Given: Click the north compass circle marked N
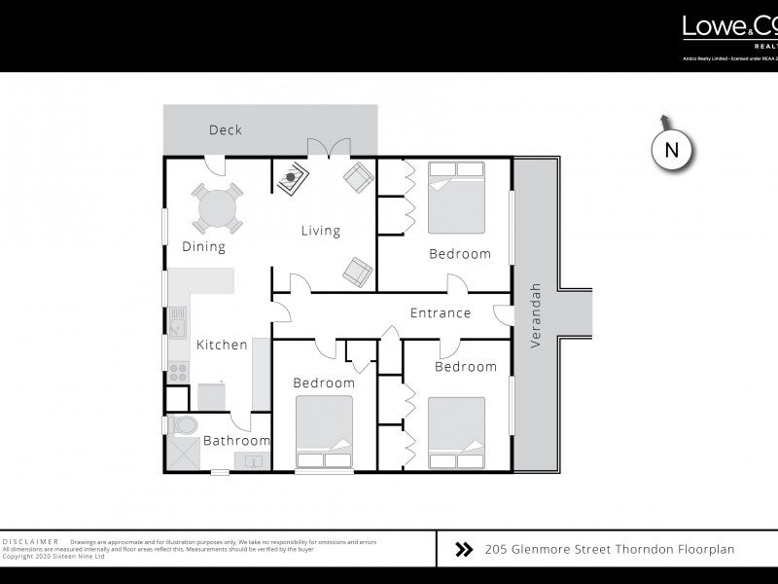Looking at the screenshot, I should pyautogui.click(x=670, y=150).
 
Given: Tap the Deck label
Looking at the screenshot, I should pyautogui.click(x=226, y=130).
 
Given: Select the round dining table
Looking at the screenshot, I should pyautogui.click(x=218, y=206).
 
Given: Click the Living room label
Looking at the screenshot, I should pyautogui.click(x=320, y=231).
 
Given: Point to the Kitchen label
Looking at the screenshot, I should pyautogui.click(x=222, y=345).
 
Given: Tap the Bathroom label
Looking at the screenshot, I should pyautogui.click(x=236, y=441).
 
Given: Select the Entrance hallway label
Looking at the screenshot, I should pyautogui.click(x=440, y=313).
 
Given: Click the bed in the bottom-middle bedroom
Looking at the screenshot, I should pyautogui.click(x=324, y=434).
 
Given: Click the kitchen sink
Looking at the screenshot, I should pyautogui.click(x=178, y=321).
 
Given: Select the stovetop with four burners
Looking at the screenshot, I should pyautogui.click(x=179, y=372).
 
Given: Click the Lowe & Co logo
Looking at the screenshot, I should pyautogui.click(x=729, y=29).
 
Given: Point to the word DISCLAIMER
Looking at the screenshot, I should pyautogui.click(x=31, y=541).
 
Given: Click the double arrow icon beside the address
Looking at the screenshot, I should pyautogui.click(x=464, y=550).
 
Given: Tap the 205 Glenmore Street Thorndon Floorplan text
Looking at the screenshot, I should pyautogui.click(x=609, y=550).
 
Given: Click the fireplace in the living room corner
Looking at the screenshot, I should pyautogui.click(x=291, y=178).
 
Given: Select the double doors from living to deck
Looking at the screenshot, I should pyautogui.click(x=329, y=149).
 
